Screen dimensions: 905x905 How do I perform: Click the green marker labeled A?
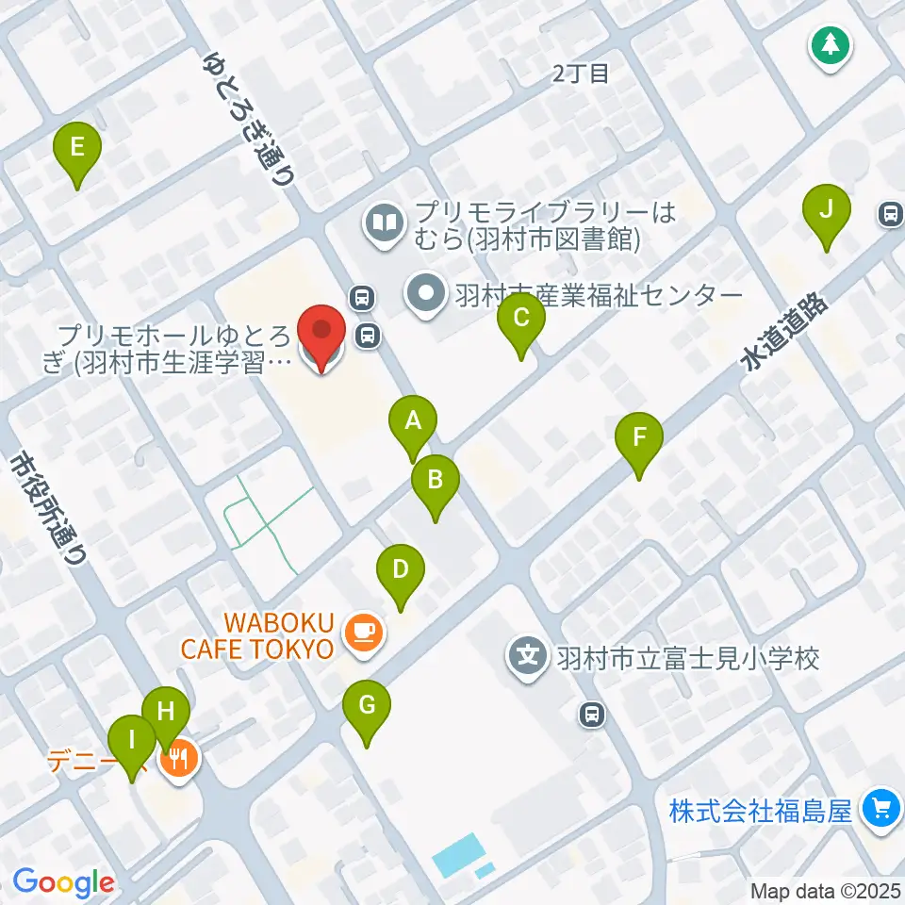point(412,422)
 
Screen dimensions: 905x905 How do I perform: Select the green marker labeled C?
point(520,319)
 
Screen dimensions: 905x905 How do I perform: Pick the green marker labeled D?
point(401,570)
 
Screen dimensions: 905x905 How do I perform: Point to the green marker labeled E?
point(77,148)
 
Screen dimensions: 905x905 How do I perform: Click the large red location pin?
point(321,333)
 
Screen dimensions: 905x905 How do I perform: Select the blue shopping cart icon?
point(880,808)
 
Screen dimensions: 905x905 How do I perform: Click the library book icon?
point(385,224)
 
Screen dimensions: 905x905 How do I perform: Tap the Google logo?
point(63,882)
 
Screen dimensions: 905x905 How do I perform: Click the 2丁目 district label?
point(581,74)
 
